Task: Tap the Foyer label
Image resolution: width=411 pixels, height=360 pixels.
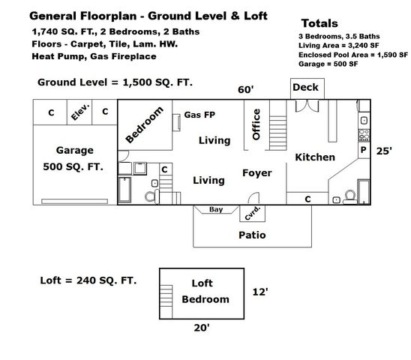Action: [x=256, y=173]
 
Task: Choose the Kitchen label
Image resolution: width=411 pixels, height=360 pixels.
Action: [x=314, y=157]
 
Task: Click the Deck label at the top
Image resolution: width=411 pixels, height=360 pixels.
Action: [x=305, y=88]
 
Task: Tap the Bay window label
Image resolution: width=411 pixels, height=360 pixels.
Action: [x=216, y=209]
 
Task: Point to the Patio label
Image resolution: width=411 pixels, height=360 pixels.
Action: [x=251, y=235]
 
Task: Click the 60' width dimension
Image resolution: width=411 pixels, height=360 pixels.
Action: [x=245, y=89]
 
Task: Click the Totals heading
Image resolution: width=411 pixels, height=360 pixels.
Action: [x=319, y=23]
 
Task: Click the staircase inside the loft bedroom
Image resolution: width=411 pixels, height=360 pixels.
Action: [x=166, y=295]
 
